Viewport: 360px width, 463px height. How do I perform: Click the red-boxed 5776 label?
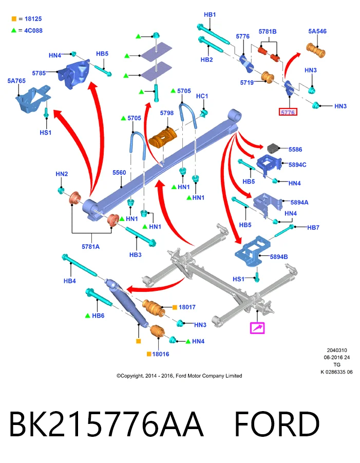(288, 112)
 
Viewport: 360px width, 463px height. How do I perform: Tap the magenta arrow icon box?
(257, 328)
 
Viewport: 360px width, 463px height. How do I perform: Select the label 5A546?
(317, 31)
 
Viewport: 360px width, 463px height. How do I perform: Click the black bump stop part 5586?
(273, 149)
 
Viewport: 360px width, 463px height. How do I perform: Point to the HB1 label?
(210, 15)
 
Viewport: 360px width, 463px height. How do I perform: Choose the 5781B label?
(268, 31)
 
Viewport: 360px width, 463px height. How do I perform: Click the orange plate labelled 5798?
(163, 138)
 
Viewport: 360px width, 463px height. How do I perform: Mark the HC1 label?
(202, 96)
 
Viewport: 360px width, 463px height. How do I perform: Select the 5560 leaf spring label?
(119, 173)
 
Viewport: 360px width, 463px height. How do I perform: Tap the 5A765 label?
(16, 81)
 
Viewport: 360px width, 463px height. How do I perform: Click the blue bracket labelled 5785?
(74, 74)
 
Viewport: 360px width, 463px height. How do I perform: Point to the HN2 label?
(62, 174)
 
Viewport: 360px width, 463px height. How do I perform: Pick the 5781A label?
(90, 247)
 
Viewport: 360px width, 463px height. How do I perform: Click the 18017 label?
(187, 307)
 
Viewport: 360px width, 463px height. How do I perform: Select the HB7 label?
(313, 227)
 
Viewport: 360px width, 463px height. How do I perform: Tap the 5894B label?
(279, 257)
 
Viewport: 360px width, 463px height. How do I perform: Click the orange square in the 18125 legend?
(14, 19)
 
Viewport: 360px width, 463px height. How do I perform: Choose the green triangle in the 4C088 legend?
(13, 30)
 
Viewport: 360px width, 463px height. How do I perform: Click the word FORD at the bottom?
(277, 424)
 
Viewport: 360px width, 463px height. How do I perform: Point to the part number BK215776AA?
(106, 424)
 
